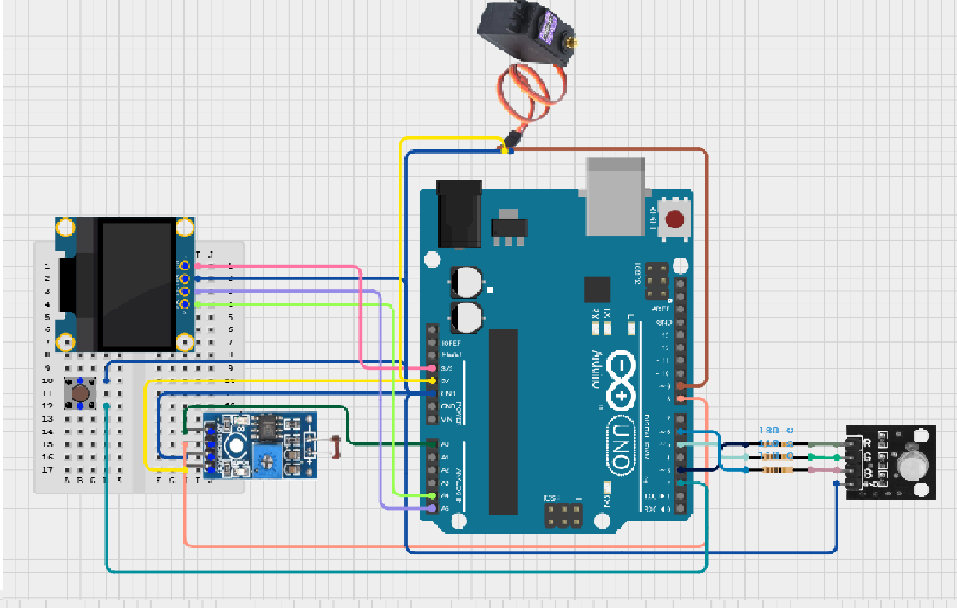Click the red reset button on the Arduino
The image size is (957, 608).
click(675, 219)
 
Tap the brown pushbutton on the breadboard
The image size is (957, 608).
click(80, 394)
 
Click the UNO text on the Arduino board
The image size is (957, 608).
click(619, 447)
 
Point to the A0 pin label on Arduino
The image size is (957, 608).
click(445, 444)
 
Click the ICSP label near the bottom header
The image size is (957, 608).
click(553, 498)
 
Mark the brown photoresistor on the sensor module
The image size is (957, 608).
click(337, 447)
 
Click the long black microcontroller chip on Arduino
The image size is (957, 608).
click(503, 421)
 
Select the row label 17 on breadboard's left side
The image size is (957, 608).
click(47, 469)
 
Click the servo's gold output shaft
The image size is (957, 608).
click(572, 43)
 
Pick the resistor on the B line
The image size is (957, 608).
click(778, 470)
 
